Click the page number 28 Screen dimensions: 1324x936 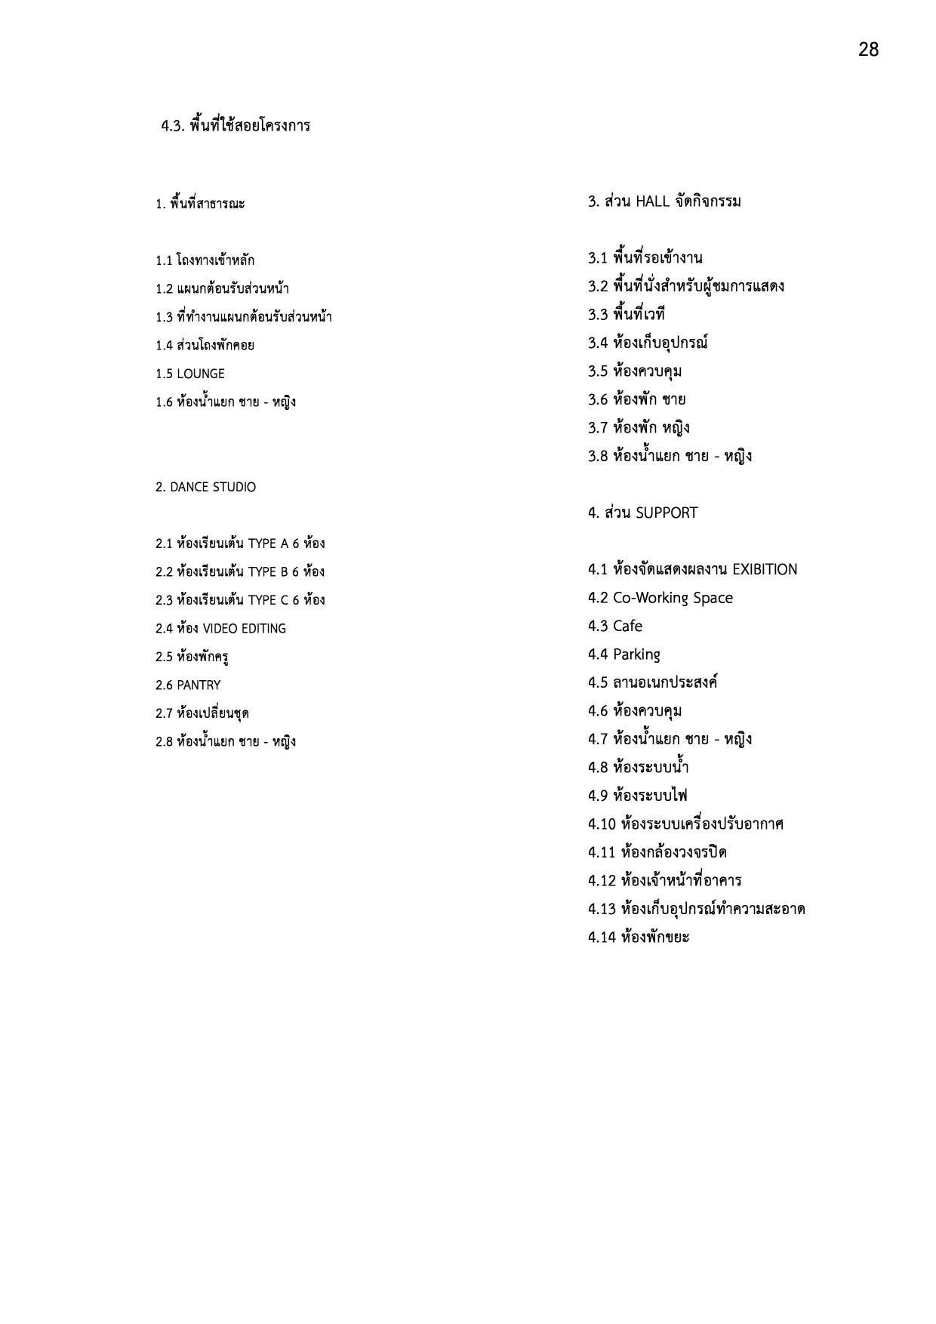868,50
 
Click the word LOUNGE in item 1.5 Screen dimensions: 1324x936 200,374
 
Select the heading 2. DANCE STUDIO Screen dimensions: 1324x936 205,487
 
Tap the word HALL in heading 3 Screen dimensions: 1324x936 653,202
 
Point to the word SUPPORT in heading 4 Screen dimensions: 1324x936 667,513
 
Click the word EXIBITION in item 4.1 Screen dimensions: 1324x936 765,570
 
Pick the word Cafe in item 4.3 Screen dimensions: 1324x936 627,627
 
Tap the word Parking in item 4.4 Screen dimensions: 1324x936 636,654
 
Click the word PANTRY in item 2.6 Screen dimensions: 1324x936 199,685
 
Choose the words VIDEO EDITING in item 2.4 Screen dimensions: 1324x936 244,629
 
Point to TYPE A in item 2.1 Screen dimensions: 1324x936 268,543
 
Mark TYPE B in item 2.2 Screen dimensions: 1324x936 268,572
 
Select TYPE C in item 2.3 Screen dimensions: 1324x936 268,600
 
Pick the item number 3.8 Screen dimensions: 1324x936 598,457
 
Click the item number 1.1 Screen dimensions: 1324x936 164,261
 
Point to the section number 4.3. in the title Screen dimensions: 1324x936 173,126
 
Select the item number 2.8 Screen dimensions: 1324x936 164,742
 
